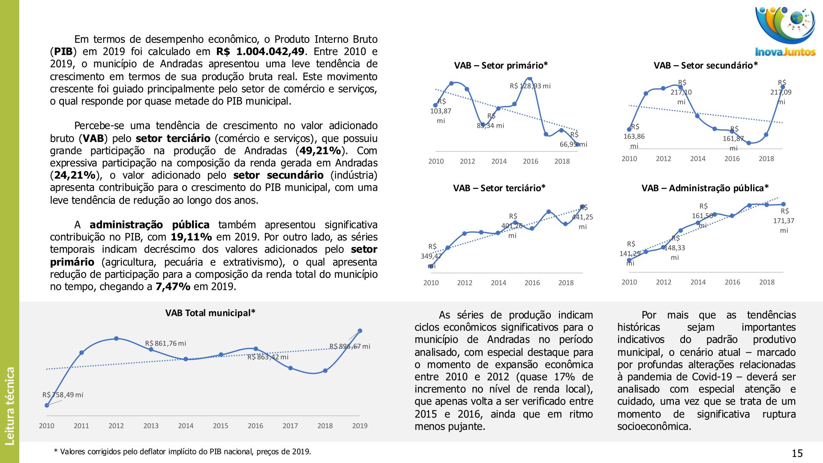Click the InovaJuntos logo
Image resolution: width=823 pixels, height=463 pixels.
(x=785, y=32)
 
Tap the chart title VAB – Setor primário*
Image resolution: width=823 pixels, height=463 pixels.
(x=501, y=66)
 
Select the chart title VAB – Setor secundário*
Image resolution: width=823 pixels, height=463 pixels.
(x=706, y=66)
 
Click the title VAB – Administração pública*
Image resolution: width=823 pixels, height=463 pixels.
(x=705, y=188)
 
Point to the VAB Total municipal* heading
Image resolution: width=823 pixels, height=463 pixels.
(x=210, y=313)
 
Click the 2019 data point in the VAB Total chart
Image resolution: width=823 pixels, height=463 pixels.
(x=360, y=331)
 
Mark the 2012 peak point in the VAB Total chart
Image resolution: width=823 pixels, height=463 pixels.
(x=116, y=339)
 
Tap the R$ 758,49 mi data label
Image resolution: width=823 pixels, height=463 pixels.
(x=63, y=395)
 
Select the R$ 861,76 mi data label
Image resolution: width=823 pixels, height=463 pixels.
(x=165, y=343)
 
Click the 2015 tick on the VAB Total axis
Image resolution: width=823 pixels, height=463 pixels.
(x=220, y=426)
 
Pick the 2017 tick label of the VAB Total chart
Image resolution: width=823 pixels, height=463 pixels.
(x=290, y=426)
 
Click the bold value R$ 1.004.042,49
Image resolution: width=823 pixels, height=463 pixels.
(x=260, y=52)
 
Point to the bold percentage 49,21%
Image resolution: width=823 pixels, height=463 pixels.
(x=320, y=151)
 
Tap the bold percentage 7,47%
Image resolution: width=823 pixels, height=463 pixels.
(x=173, y=287)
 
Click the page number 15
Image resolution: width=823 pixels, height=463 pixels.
(x=797, y=454)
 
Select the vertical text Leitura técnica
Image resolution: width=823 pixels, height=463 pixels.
(x=9, y=406)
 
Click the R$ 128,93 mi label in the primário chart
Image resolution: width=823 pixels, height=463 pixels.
(x=530, y=86)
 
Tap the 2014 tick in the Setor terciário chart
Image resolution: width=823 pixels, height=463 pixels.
(x=498, y=283)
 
